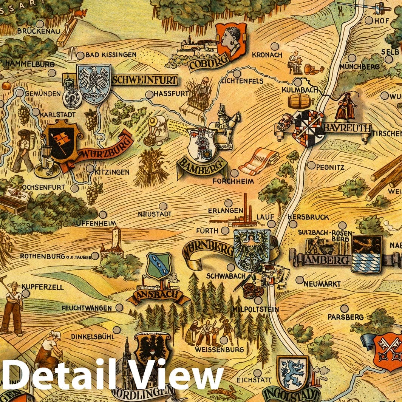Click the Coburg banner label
click(x=204, y=62)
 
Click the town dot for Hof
click(x=369, y=20)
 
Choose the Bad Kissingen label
click(x=111, y=55)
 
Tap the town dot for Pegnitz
click(x=311, y=165)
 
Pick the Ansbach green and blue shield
click(x=159, y=266)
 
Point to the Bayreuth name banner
click(x=346, y=128)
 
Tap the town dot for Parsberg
click(x=344, y=308)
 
